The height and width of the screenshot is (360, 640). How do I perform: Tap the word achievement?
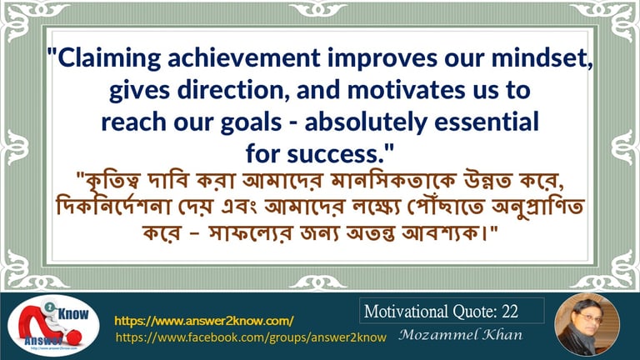pyautogui.click(x=243, y=57)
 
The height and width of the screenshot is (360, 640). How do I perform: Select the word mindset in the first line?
pyautogui.click(x=540, y=57)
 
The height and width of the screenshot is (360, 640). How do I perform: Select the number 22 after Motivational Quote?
pyautogui.click(x=510, y=312)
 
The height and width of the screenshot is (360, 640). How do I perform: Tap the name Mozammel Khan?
pyautogui.click(x=460, y=335)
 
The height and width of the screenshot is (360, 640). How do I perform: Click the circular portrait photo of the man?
pyautogui.click(x=587, y=325)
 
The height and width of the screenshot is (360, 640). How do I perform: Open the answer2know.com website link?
pyautogui.click(x=203, y=321)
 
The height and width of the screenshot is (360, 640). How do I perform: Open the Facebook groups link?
pyautogui.click(x=251, y=337)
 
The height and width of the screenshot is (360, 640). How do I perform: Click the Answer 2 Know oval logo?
pyautogui.click(x=53, y=325)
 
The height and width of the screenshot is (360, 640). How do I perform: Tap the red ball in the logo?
pyautogui.click(x=74, y=337)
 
